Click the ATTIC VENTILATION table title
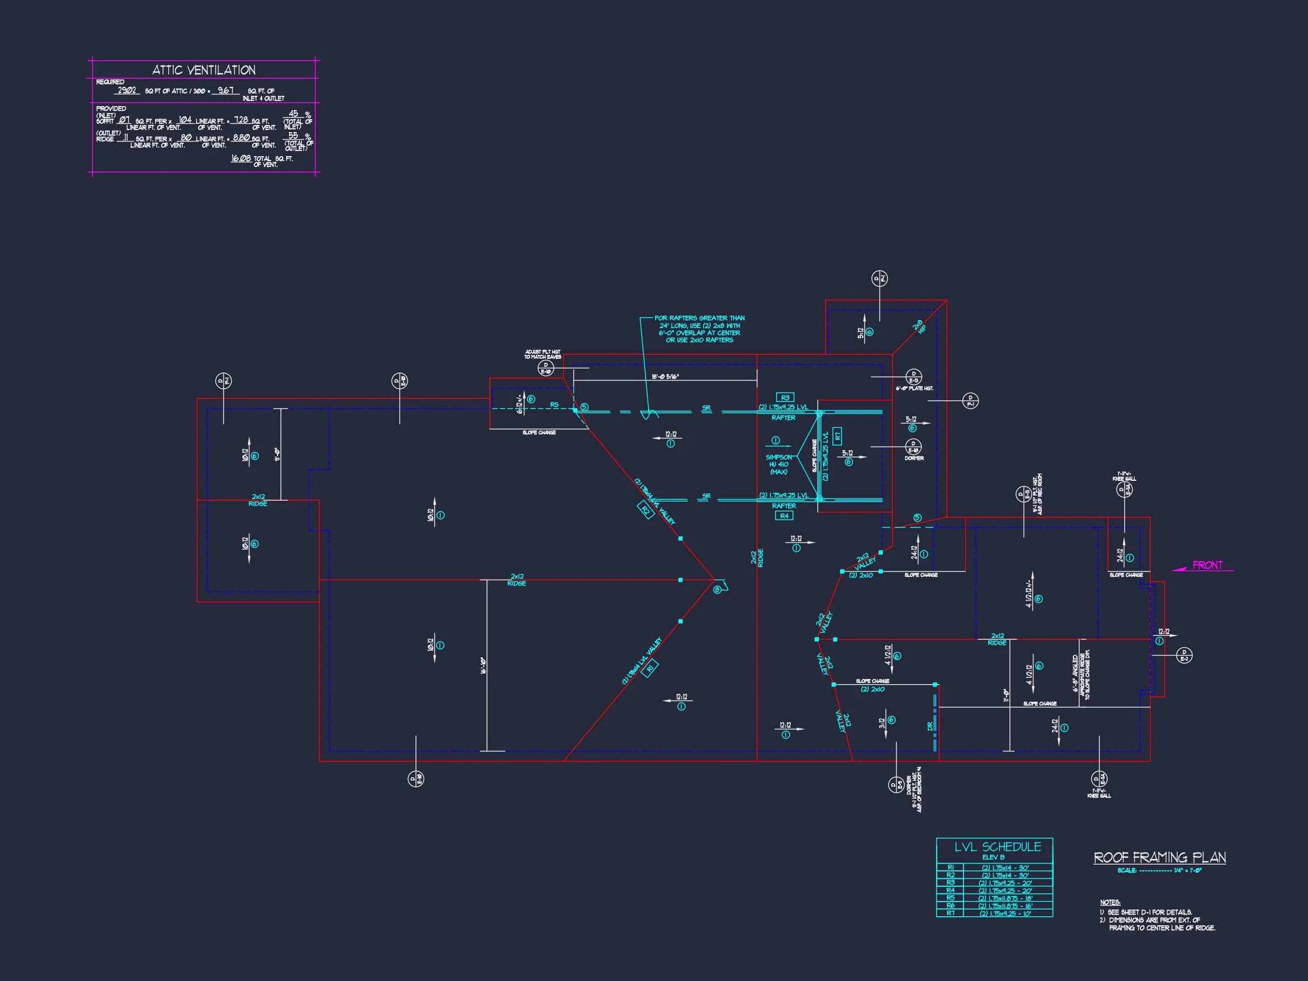tap(204, 70)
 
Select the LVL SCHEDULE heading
tap(997, 847)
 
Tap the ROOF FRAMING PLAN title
tap(1160, 857)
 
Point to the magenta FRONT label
tap(1207, 565)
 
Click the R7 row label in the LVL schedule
tap(950, 913)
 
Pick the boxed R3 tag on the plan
tap(785, 397)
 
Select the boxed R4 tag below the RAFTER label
tap(784, 515)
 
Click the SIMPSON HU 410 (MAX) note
tap(778, 464)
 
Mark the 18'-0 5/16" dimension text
tap(665, 376)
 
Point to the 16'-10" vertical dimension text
tap(483, 666)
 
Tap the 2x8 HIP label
tap(919, 326)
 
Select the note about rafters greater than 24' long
tap(699, 329)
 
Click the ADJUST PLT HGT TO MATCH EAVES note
tap(542, 354)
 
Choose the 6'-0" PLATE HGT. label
tap(914, 388)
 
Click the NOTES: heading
tap(1110, 902)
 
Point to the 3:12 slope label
tap(881, 724)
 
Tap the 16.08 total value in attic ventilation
tap(241, 158)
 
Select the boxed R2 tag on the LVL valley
tap(645, 510)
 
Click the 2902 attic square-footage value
tap(127, 91)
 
